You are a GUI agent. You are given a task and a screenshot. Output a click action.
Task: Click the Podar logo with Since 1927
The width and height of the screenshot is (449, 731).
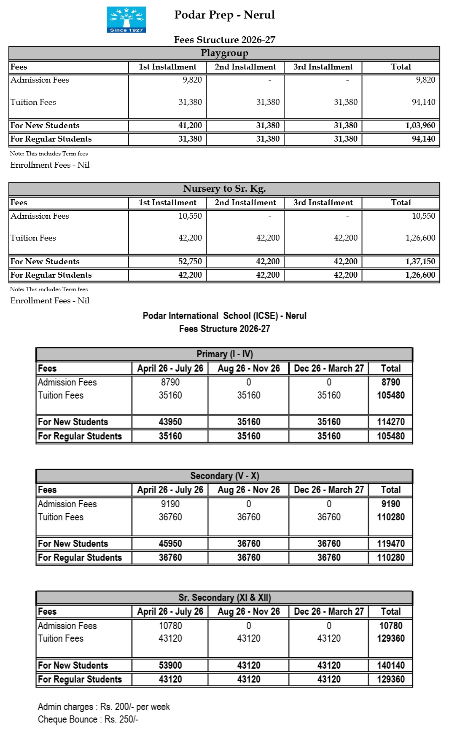tap(126, 19)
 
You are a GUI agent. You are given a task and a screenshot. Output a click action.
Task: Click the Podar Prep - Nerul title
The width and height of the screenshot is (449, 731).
tap(224, 15)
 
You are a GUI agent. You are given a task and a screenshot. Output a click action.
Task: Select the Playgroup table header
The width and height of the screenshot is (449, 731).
tap(224, 53)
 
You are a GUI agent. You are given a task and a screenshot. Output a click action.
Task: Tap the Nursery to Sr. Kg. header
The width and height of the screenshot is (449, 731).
tap(224, 189)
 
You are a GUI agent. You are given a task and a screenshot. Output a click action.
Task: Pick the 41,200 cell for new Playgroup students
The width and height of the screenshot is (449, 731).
tap(190, 126)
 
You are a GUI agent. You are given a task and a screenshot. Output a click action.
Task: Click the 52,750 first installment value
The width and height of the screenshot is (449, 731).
tap(190, 262)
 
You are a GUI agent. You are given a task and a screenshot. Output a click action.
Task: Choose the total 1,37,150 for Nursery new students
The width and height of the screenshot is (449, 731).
tap(420, 262)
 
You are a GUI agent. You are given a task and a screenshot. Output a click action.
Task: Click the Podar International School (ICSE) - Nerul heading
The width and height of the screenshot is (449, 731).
tap(224, 316)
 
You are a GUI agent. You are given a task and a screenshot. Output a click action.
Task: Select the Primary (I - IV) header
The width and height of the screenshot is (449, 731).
tap(224, 354)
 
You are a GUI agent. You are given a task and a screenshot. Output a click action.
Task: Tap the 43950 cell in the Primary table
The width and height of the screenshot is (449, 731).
tap(170, 422)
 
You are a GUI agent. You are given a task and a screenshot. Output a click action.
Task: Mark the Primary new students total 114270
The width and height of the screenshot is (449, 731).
tap(390, 422)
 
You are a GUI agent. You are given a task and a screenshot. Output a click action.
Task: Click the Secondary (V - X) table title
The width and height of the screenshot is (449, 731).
tap(224, 476)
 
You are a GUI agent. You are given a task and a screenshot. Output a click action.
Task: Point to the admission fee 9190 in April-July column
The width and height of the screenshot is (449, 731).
tap(170, 504)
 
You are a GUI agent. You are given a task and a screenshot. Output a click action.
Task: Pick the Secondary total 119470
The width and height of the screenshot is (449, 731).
tap(390, 544)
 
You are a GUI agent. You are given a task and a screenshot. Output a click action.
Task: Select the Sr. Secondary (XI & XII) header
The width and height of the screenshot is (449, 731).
tap(224, 598)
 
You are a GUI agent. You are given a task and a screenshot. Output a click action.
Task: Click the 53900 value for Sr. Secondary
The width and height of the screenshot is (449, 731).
tap(170, 666)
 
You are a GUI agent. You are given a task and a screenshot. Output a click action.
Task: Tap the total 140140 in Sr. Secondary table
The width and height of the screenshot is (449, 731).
tap(390, 666)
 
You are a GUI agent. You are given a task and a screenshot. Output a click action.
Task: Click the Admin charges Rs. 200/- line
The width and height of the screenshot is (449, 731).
tap(104, 707)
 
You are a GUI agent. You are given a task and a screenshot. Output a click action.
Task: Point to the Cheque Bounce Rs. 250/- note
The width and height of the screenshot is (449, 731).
tap(88, 720)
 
